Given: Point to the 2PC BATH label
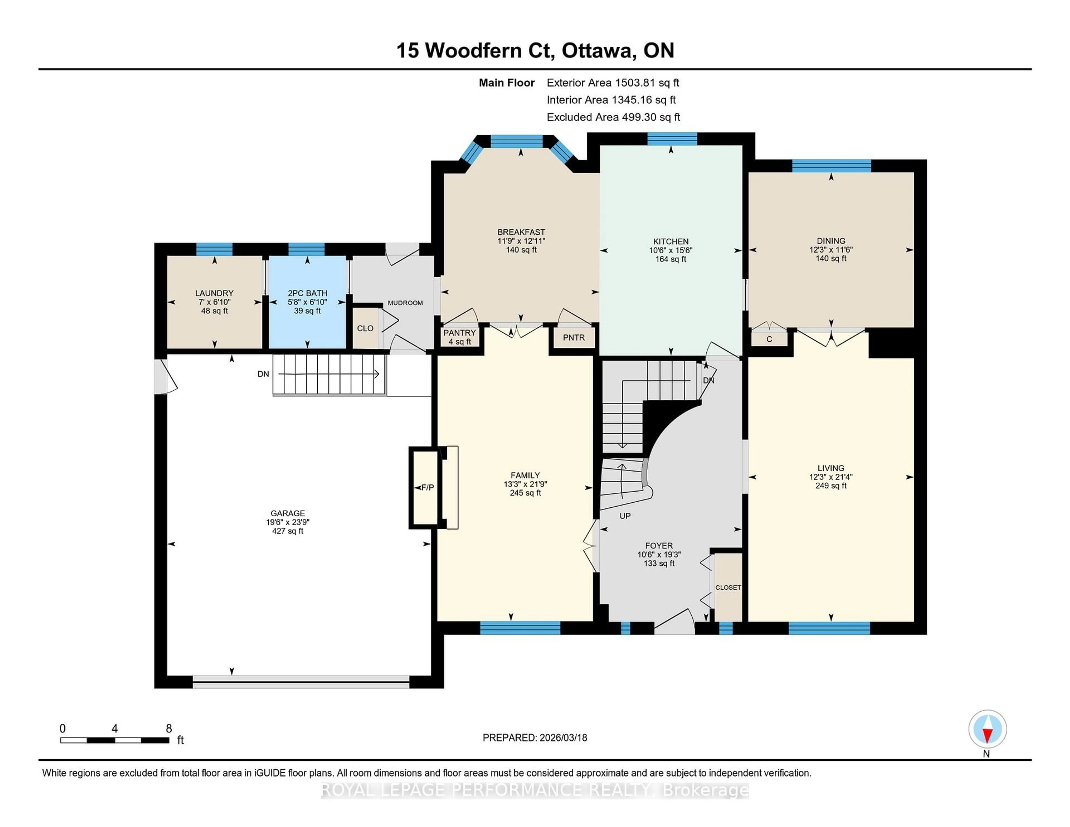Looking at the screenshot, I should pyautogui.click(x=307, y=293).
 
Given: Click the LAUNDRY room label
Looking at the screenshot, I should pyautogui.click(x=214, y=293).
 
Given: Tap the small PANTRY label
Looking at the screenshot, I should pyautogui.click(x=459, y=333).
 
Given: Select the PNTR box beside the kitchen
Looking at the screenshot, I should pyautogui.click(x=574, y=337).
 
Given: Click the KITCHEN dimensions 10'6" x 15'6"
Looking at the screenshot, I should pyautogui.click(x=671, y=250).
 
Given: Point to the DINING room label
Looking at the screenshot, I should pyautogui.click(x=831, y=240).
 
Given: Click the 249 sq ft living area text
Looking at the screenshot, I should pyautogui.click(x=831, y=485).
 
